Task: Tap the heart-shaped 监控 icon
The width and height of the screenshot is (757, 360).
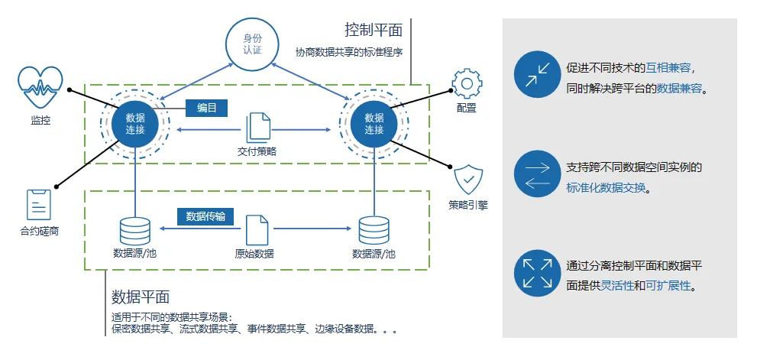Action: click(40, 88)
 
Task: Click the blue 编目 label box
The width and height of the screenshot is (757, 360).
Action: click(207, 109)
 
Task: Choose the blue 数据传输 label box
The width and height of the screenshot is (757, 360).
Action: click(205, 217)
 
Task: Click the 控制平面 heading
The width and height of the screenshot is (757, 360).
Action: click(373, 31)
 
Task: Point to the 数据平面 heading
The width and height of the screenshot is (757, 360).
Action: click(141, 297)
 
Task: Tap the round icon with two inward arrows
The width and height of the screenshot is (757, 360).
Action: click(536, 74)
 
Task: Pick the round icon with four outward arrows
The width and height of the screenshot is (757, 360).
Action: click(536, 273)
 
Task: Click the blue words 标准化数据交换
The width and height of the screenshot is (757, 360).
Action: click(606, 187)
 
